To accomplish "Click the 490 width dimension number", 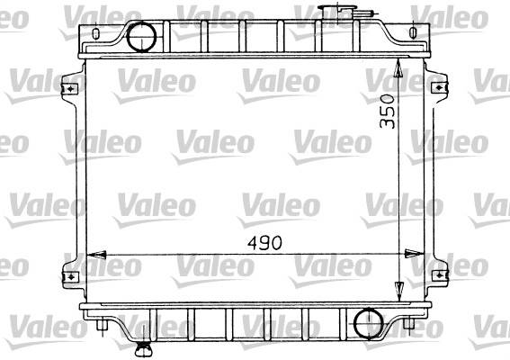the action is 264,243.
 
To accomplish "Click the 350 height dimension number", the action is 388,111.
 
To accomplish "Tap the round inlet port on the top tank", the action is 141,37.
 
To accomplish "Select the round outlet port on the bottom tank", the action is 369,323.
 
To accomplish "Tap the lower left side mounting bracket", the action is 70,276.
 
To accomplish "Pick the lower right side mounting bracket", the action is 440,275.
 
